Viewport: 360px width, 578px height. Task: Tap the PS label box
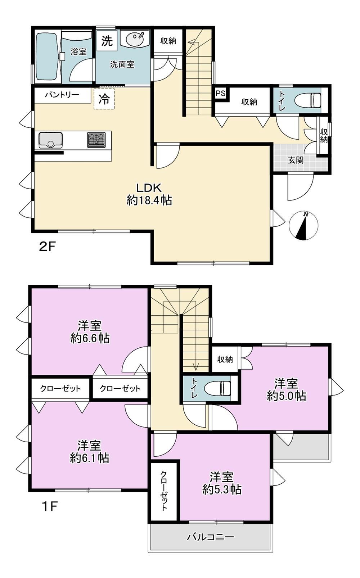(220, 94)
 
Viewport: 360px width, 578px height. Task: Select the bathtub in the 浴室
(46, 57)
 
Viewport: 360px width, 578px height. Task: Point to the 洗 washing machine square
(107, 41)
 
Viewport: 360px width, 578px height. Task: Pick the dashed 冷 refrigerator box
(104, 99)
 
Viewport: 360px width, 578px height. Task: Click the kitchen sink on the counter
(51, 140)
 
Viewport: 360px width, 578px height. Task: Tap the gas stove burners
(96, 140)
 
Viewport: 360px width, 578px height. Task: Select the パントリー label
(62, 95)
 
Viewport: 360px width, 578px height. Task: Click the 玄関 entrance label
(296, 160)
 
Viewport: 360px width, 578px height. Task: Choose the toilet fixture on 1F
(217, 388)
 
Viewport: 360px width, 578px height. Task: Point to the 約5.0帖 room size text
(287, 396)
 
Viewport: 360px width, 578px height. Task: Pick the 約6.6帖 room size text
(90, 338)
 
